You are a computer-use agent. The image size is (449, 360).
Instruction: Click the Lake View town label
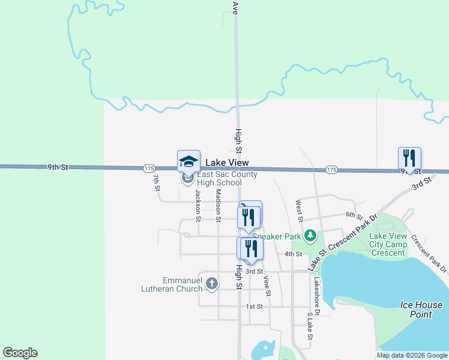tap(227, 163)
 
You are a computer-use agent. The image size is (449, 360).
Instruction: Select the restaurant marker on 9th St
tap(409, 158)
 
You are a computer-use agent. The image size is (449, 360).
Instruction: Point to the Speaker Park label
tap(279, 236)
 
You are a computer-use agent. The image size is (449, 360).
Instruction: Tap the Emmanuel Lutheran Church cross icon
tap(211, 283)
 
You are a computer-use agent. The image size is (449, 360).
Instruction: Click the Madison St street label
tap(218, 205)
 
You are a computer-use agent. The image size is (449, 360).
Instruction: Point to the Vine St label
tap(267, 285)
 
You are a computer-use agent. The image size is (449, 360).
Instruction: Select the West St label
tap(298, 211)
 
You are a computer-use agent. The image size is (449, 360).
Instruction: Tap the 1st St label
tap(255, 307)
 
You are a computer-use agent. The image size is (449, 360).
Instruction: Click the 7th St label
tap(156, 181)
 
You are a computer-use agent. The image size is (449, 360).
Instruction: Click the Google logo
tap(20, 353)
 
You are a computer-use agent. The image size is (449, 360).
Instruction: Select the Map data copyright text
tap(411, 355)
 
